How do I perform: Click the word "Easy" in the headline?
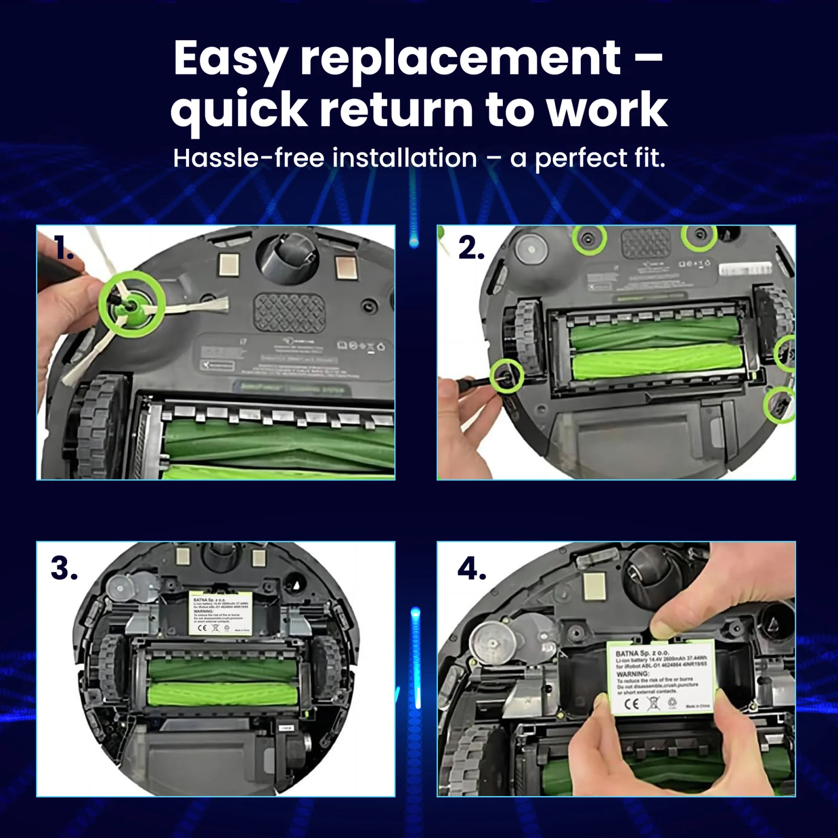(230, 59)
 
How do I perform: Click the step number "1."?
(63, 248)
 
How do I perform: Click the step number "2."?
(471, 248)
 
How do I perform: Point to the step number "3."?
(64, 568)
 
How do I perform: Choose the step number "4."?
(471, 569)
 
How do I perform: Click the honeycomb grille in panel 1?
(289, 313)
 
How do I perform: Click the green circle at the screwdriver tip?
(506, 375)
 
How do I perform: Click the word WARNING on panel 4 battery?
(633, 674)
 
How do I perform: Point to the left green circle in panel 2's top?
(589, 238)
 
